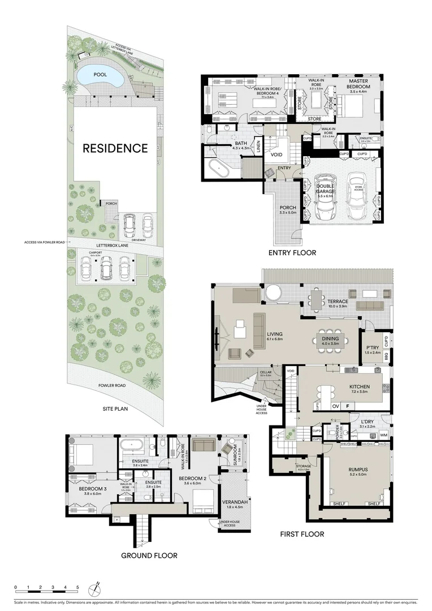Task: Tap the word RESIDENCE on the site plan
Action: (115, 149)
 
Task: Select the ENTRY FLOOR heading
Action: (292, 252)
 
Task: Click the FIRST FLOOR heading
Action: (302, 533)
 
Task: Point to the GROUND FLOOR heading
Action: (149, 555)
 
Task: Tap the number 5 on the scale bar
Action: (77, 587)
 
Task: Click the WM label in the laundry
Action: (383, 435)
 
